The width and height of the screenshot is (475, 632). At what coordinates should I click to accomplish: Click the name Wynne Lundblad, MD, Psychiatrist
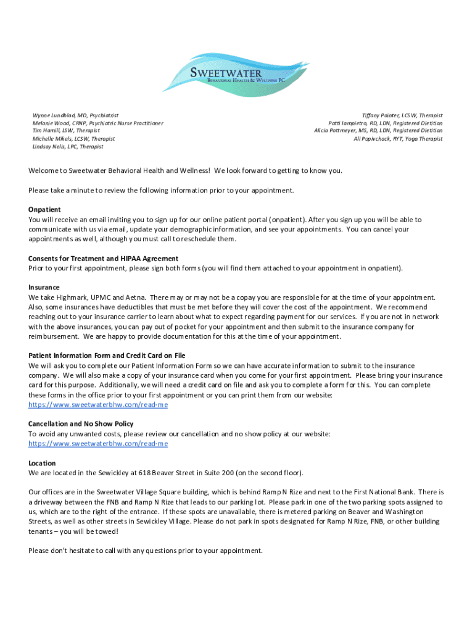75,115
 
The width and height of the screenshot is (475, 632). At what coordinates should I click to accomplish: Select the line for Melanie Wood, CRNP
97,123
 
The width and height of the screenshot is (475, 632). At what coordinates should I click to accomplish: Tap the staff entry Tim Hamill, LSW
66,131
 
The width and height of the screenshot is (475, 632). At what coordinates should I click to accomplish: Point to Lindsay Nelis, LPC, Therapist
68,147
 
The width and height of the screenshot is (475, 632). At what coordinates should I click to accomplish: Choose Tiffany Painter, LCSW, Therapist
402,115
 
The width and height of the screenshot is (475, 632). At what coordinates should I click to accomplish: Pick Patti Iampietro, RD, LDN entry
386,123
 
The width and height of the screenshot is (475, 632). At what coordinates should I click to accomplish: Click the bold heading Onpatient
44,210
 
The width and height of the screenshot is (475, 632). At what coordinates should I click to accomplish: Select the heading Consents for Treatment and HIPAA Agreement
103,259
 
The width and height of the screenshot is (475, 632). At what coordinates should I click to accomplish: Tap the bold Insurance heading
44,288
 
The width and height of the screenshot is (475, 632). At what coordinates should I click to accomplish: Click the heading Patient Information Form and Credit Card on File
115,356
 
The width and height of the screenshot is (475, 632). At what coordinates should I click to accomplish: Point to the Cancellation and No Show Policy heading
81,424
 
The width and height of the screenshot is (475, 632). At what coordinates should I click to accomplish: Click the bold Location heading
42,464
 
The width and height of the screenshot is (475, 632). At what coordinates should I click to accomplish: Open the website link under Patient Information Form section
98,405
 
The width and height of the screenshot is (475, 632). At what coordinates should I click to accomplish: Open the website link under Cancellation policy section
98,444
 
